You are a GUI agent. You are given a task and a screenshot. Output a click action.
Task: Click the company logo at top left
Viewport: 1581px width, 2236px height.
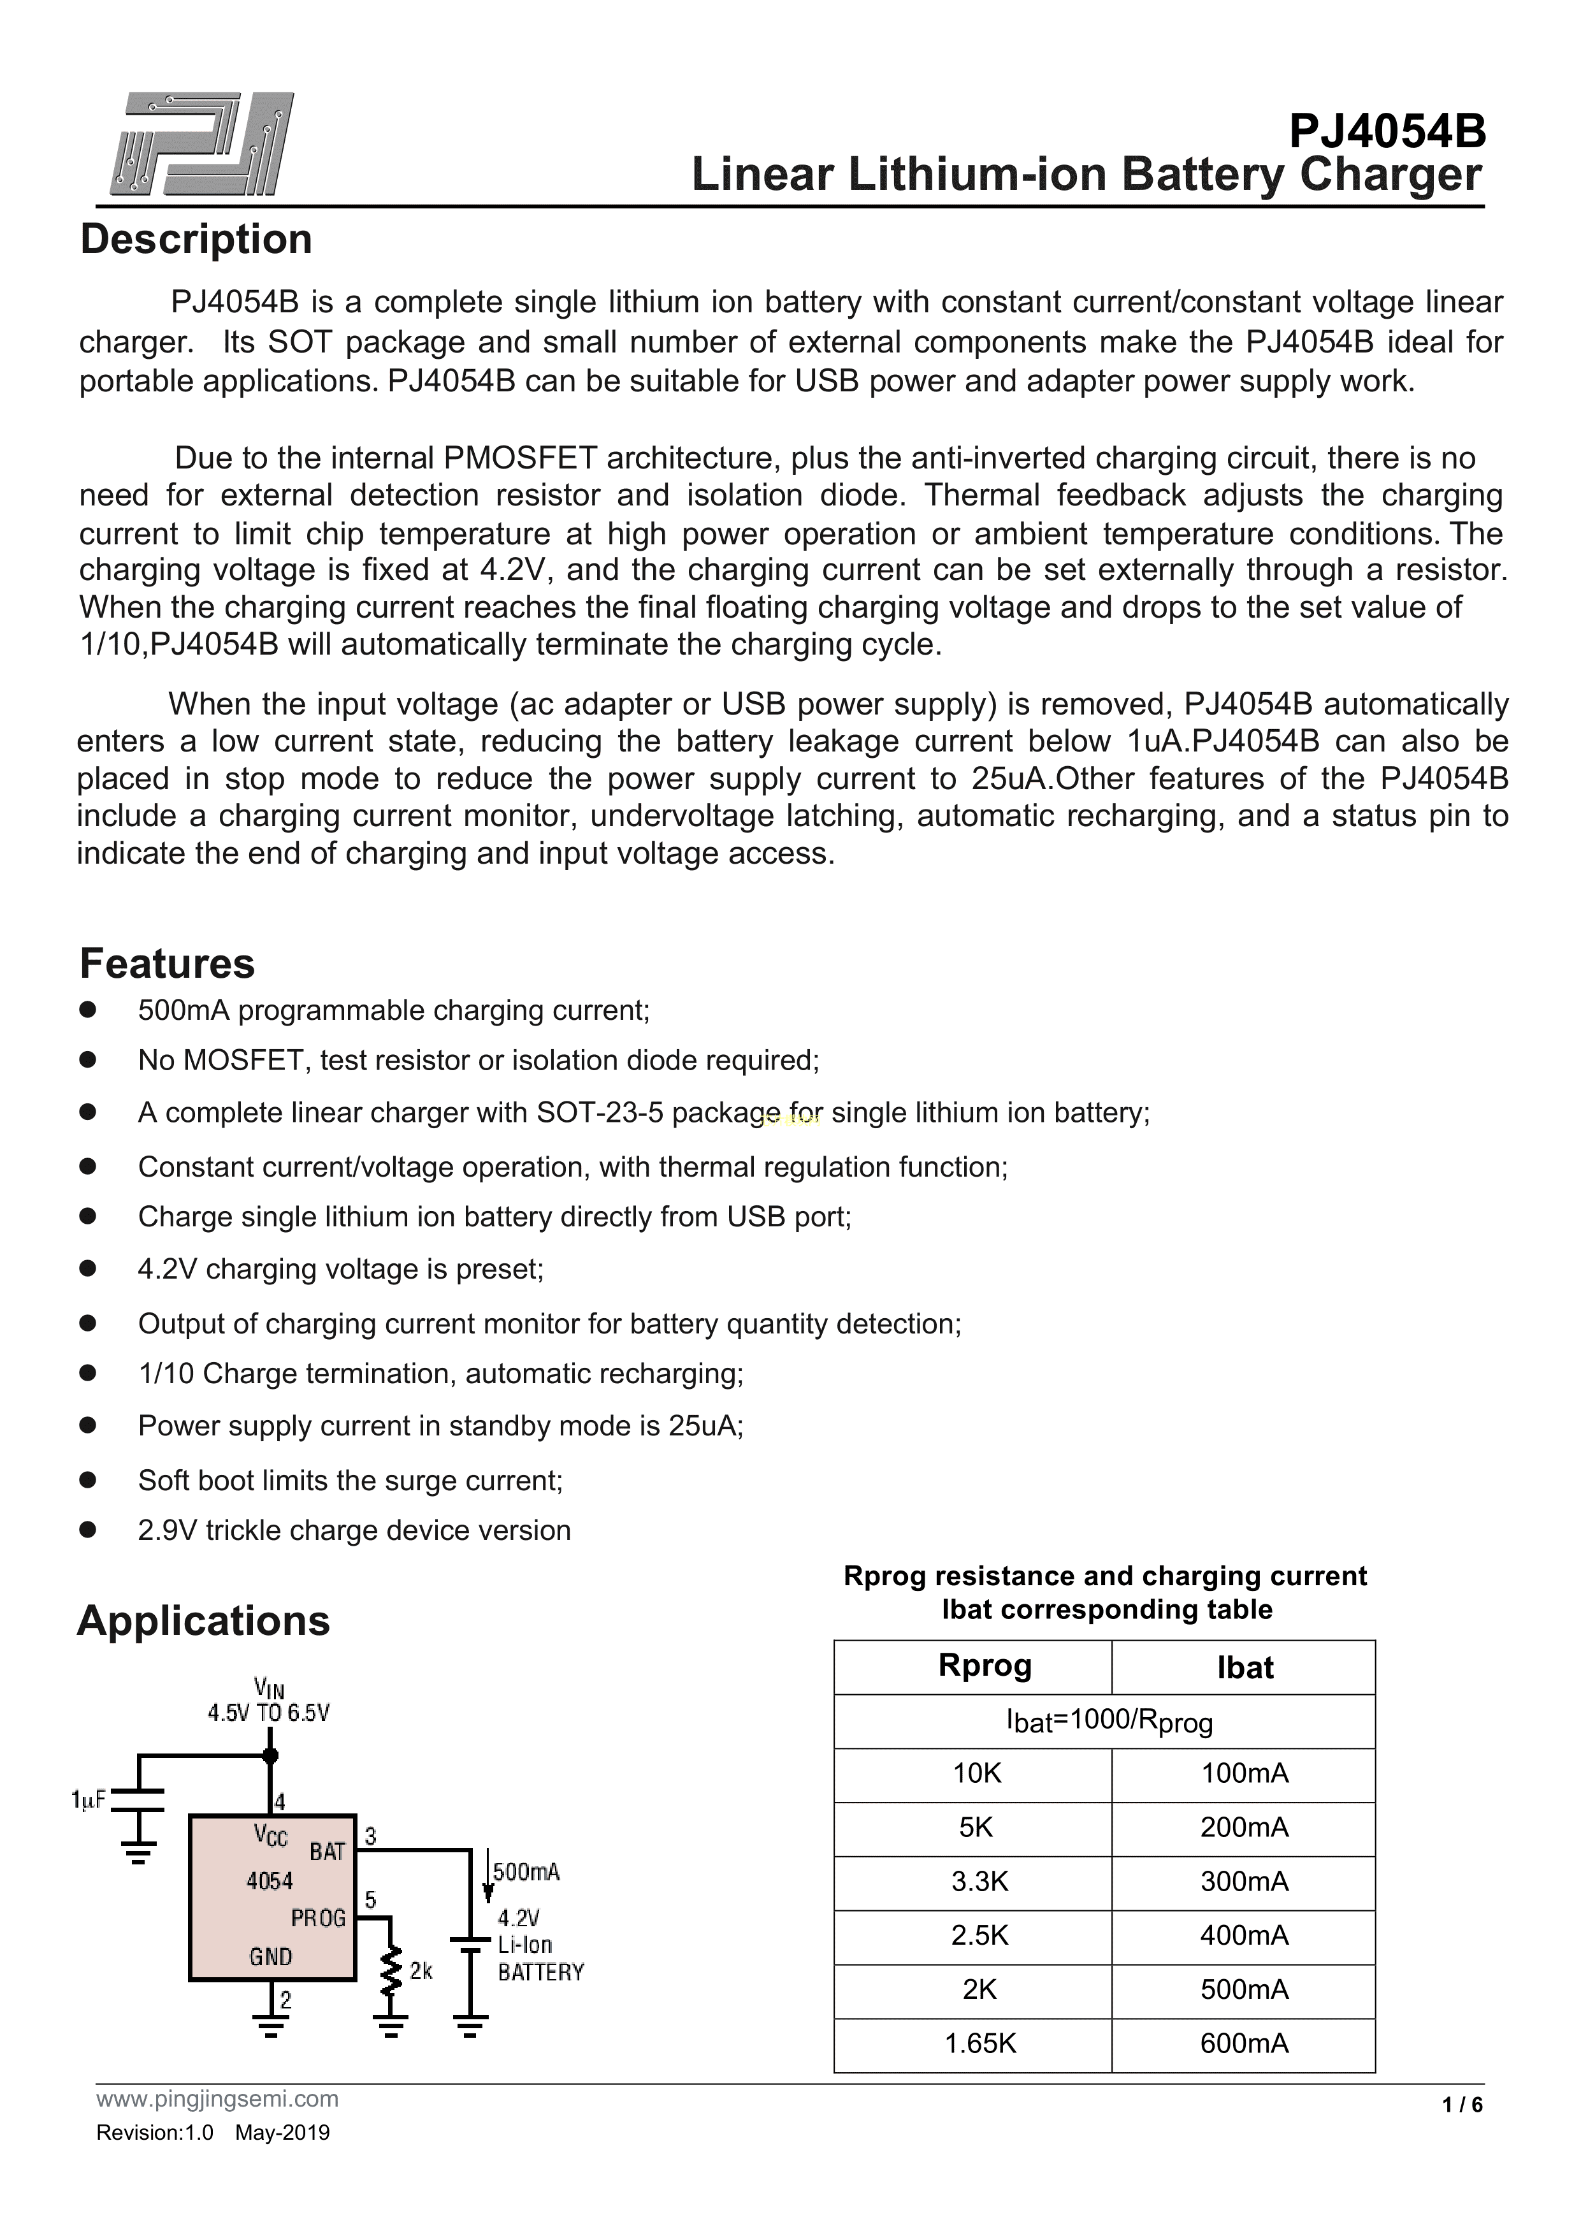201,144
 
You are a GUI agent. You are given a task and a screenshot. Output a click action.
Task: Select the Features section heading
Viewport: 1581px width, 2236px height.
166,964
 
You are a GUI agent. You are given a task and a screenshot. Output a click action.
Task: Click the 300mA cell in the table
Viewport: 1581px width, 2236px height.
1243,1882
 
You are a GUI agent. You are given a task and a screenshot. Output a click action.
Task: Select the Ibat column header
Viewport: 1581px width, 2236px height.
1244,1668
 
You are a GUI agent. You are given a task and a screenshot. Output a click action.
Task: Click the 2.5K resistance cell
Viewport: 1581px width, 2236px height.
979,1935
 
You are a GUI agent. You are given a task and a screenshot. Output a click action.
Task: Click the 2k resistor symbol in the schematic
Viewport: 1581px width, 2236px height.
391,1971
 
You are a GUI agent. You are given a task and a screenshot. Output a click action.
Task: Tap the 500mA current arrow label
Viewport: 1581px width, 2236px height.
526,1872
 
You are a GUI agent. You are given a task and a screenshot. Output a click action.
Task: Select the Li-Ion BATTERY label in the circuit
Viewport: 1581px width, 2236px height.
539,1959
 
